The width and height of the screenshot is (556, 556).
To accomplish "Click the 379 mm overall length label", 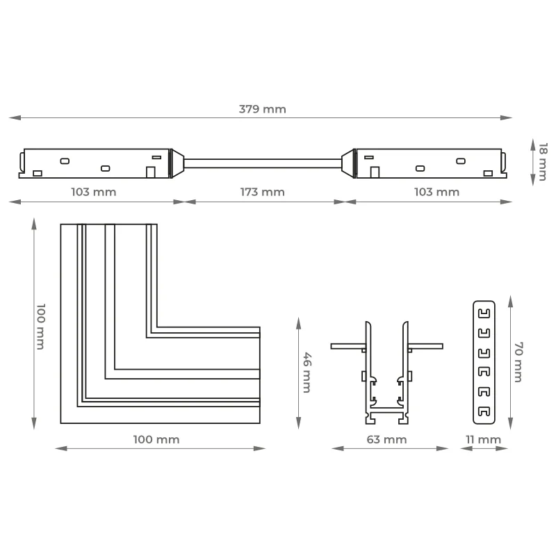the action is tap(263, 109).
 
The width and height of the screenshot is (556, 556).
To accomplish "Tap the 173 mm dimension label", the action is tap(263, 193).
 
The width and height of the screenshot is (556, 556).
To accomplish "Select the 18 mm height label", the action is tap(543, 162).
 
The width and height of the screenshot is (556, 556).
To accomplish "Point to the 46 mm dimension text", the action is tap(307, 373).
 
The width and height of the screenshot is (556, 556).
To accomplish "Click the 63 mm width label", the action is tap(386, 440).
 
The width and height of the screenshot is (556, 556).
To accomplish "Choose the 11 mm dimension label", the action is tap(483, 440).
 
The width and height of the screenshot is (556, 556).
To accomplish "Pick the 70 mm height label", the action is tap(518, 362).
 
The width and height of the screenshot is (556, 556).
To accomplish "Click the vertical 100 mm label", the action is tap(41, 327).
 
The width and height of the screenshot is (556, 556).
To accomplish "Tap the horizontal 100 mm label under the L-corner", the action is tap(156, 440).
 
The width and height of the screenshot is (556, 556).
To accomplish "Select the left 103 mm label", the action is tap(94, 193).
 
